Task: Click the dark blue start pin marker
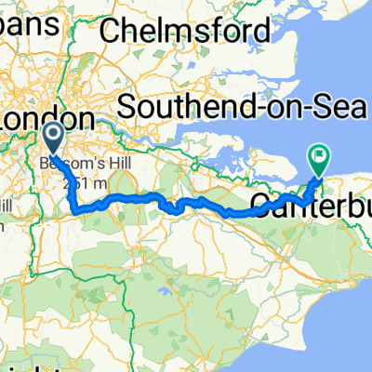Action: [52, 139]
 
